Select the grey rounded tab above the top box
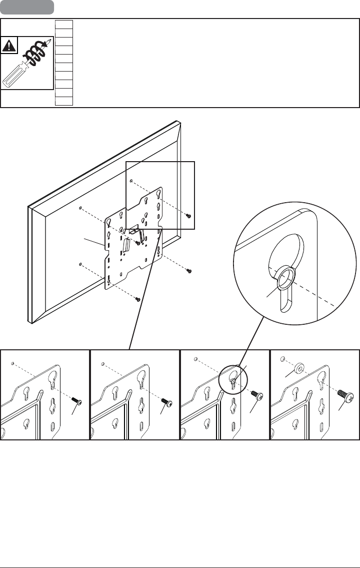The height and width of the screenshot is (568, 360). click(x=27, y=8)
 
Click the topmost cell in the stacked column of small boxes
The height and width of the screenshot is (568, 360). click(x=64, y=24)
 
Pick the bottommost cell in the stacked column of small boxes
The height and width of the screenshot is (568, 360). click(x=64, y=102)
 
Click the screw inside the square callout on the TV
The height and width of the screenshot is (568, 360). click(x=188, y=216)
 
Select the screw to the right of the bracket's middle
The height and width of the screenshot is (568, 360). click(x=189, y=271)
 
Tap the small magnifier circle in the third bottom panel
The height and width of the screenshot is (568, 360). click(x=233, y=376)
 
